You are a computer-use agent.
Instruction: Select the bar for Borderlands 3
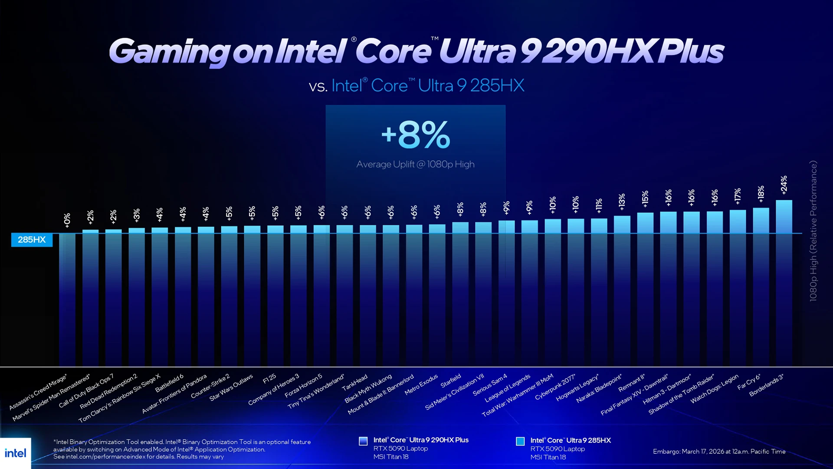[x=784, y=282]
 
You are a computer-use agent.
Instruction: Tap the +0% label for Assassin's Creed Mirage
[x=67, y=220]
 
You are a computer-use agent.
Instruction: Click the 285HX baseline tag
[x=32, y=240]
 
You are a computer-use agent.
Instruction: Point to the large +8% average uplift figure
[x=416, y=135]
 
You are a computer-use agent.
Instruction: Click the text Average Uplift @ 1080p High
[x=415, y=164]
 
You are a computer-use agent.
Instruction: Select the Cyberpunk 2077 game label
[x=555, y=387]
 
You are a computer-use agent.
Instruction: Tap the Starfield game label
[x=451, y=381]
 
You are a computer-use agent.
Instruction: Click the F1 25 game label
[x=269, y=379]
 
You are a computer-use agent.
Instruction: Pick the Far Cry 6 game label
[x=749, y=382]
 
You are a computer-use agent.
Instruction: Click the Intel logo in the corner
[x=16, y=453]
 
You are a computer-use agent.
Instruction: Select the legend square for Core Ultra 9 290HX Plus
[x=363, y=441]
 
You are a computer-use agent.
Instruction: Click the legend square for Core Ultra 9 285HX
[x=520, y=441]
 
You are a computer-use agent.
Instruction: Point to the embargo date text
[x=719, y=452]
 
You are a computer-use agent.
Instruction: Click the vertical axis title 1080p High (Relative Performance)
[x=813, y=231]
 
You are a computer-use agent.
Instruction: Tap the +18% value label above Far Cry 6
[x=761, y=194]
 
